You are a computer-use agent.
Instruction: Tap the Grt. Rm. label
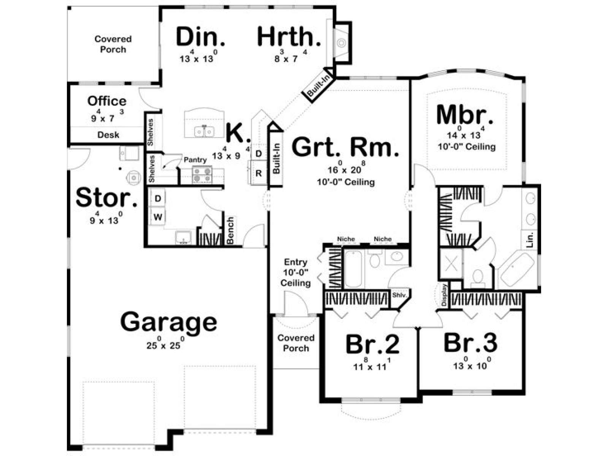tap(345, 148)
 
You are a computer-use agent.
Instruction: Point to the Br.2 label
tap(372, 344)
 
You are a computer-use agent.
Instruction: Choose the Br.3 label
tap(470, 343)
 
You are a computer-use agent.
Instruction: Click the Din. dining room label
tap(200, 36)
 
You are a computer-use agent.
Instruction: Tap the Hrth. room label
tap(289, 36)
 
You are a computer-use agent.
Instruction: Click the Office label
tap(107, 101)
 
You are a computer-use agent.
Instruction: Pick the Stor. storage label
tap(107, 198)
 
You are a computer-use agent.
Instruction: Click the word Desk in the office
tap(108, 135)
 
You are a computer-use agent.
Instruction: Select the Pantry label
tap(195, 160)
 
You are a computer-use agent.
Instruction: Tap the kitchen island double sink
tap(204, 131)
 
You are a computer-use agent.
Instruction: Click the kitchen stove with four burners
tap(202, 175)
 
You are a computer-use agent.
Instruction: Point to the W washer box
tap(158, 217)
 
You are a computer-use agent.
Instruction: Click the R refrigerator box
tap(258, 173)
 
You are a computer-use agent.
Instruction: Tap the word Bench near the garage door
tap(230, 230)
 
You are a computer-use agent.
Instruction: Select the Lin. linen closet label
tap(530, 239)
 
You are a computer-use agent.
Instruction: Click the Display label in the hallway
tap(444, 295)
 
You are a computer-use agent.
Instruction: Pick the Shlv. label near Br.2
tap(399, 295)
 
